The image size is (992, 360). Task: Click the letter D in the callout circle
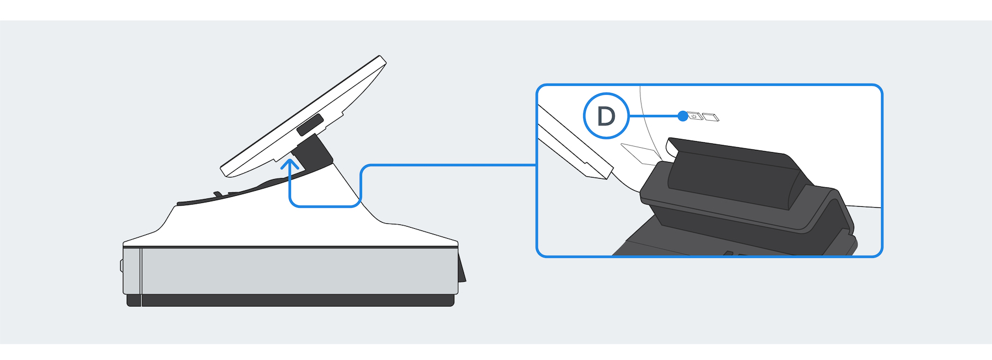(x=606, y=116)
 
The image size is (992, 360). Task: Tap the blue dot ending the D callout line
(x=683, y=116)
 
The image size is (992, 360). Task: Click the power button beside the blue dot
(x=695, y=116)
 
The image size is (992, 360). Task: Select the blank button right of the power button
(x=710, y=117)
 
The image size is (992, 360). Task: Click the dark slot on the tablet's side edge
(x=310, y=126)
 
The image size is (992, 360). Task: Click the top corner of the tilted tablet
(x=380, y=56)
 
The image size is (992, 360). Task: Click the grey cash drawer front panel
(x=298, y=271)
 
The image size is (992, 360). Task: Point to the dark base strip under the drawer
(x=290, y=300)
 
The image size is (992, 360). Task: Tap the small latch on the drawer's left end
(x=122, y=266)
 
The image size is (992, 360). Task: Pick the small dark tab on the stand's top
(x=218, y=194)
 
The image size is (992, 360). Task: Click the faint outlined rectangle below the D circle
(x=639, y=154)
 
